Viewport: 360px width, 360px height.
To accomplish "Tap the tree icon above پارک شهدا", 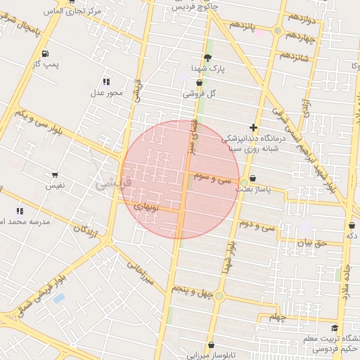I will [x=207, y=57].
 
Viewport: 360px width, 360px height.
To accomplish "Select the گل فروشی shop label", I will [x=199, y=93].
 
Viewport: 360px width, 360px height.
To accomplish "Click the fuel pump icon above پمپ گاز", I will [x=46, y=53].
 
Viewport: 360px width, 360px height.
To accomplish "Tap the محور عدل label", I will [x=106, y=92].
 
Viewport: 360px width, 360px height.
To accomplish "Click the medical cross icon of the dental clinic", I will [x=253, y=127].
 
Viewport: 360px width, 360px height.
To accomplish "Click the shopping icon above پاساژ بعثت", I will [x=253, y=179].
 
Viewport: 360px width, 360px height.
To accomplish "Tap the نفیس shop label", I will [x=55, y=185].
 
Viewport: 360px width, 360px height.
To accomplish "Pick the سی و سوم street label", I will [x=214, y=179].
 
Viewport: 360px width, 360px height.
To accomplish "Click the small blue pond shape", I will [x=58, y=298].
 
